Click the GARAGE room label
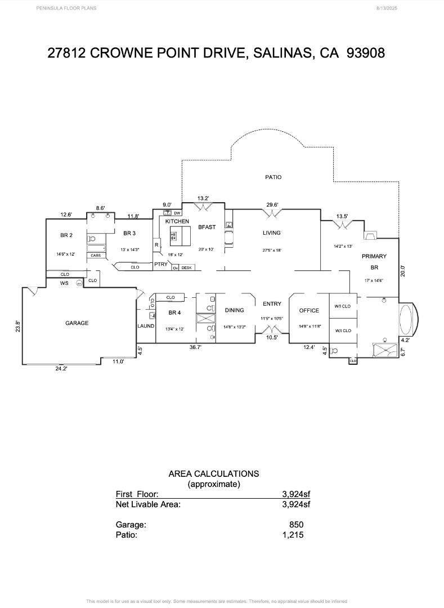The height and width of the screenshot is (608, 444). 77,323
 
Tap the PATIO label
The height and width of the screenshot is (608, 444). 273,177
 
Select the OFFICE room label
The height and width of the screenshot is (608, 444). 309,310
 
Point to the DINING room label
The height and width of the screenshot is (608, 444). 234,310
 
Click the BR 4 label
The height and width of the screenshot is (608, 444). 174,312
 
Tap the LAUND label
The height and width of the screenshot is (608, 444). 146,327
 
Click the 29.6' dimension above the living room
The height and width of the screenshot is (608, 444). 272,205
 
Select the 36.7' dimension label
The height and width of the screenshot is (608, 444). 195,347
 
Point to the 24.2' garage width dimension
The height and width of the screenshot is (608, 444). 61,369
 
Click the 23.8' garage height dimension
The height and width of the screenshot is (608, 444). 18,327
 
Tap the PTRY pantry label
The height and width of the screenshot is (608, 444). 161,264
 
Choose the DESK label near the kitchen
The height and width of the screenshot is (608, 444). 186,268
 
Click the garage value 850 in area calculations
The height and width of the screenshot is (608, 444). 296,525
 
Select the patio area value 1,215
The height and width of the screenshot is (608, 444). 293,535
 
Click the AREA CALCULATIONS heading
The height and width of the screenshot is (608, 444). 214,474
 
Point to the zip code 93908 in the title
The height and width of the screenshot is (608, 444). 366,53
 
